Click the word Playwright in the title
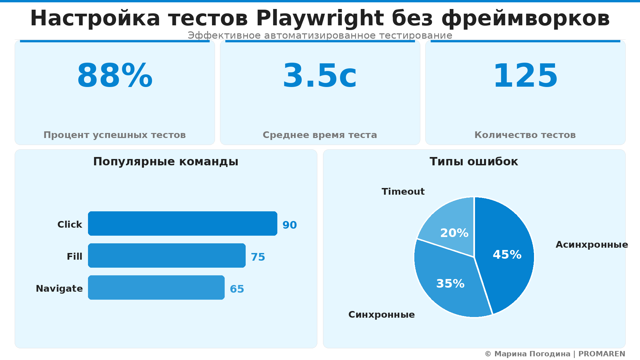click(320, 18)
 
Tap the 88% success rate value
click(115, 76)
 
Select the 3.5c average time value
click(320, 76)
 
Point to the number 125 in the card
click(525, 76)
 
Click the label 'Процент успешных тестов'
click(115, 135)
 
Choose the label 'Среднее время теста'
click(320, 135)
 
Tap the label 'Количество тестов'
click(525, 135)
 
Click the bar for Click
click(182, 223)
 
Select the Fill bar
click(167, 255)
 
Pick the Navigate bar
click(156, 287)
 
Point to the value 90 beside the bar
click(289, 225)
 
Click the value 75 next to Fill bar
click(258, 257)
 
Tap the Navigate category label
click(59, 289)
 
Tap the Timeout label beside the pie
click(403, 192)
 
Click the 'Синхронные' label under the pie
click(381, 315)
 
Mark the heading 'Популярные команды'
click(166, 162)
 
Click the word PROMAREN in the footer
click(602, 354)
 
